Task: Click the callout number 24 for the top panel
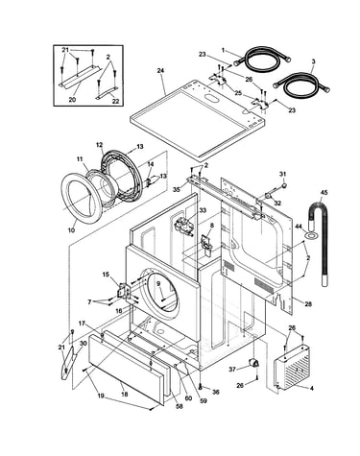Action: [160, 71]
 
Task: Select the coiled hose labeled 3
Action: [301, 84]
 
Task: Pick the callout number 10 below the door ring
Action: [71, 230]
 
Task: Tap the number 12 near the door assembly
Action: [100, 145]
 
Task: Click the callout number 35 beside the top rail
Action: [177, 189]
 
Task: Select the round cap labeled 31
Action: [285, 185]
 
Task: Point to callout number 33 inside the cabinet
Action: [203, 210]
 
